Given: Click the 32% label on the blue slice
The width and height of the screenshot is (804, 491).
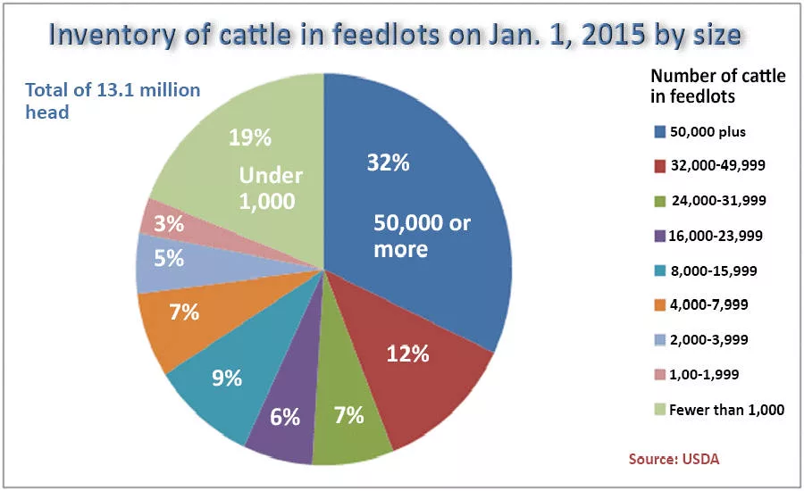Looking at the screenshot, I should point(388,163).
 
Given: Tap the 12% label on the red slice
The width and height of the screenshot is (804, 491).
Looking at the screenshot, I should point(408,353).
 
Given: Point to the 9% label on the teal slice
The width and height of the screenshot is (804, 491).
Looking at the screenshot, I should point(226,378).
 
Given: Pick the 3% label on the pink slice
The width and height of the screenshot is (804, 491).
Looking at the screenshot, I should point(168,223).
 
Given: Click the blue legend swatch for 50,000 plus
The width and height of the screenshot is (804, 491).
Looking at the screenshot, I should point(660,132).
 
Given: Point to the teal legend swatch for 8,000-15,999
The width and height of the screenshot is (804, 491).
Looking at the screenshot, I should point(660,271).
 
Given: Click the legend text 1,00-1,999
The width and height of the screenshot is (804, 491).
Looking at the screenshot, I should point(705,375).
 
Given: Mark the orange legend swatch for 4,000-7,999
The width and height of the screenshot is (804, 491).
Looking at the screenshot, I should point(660,305).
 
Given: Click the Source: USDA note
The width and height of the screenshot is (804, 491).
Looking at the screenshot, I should point(674,459).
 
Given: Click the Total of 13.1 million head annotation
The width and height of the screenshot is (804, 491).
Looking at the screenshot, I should point(113,101).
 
